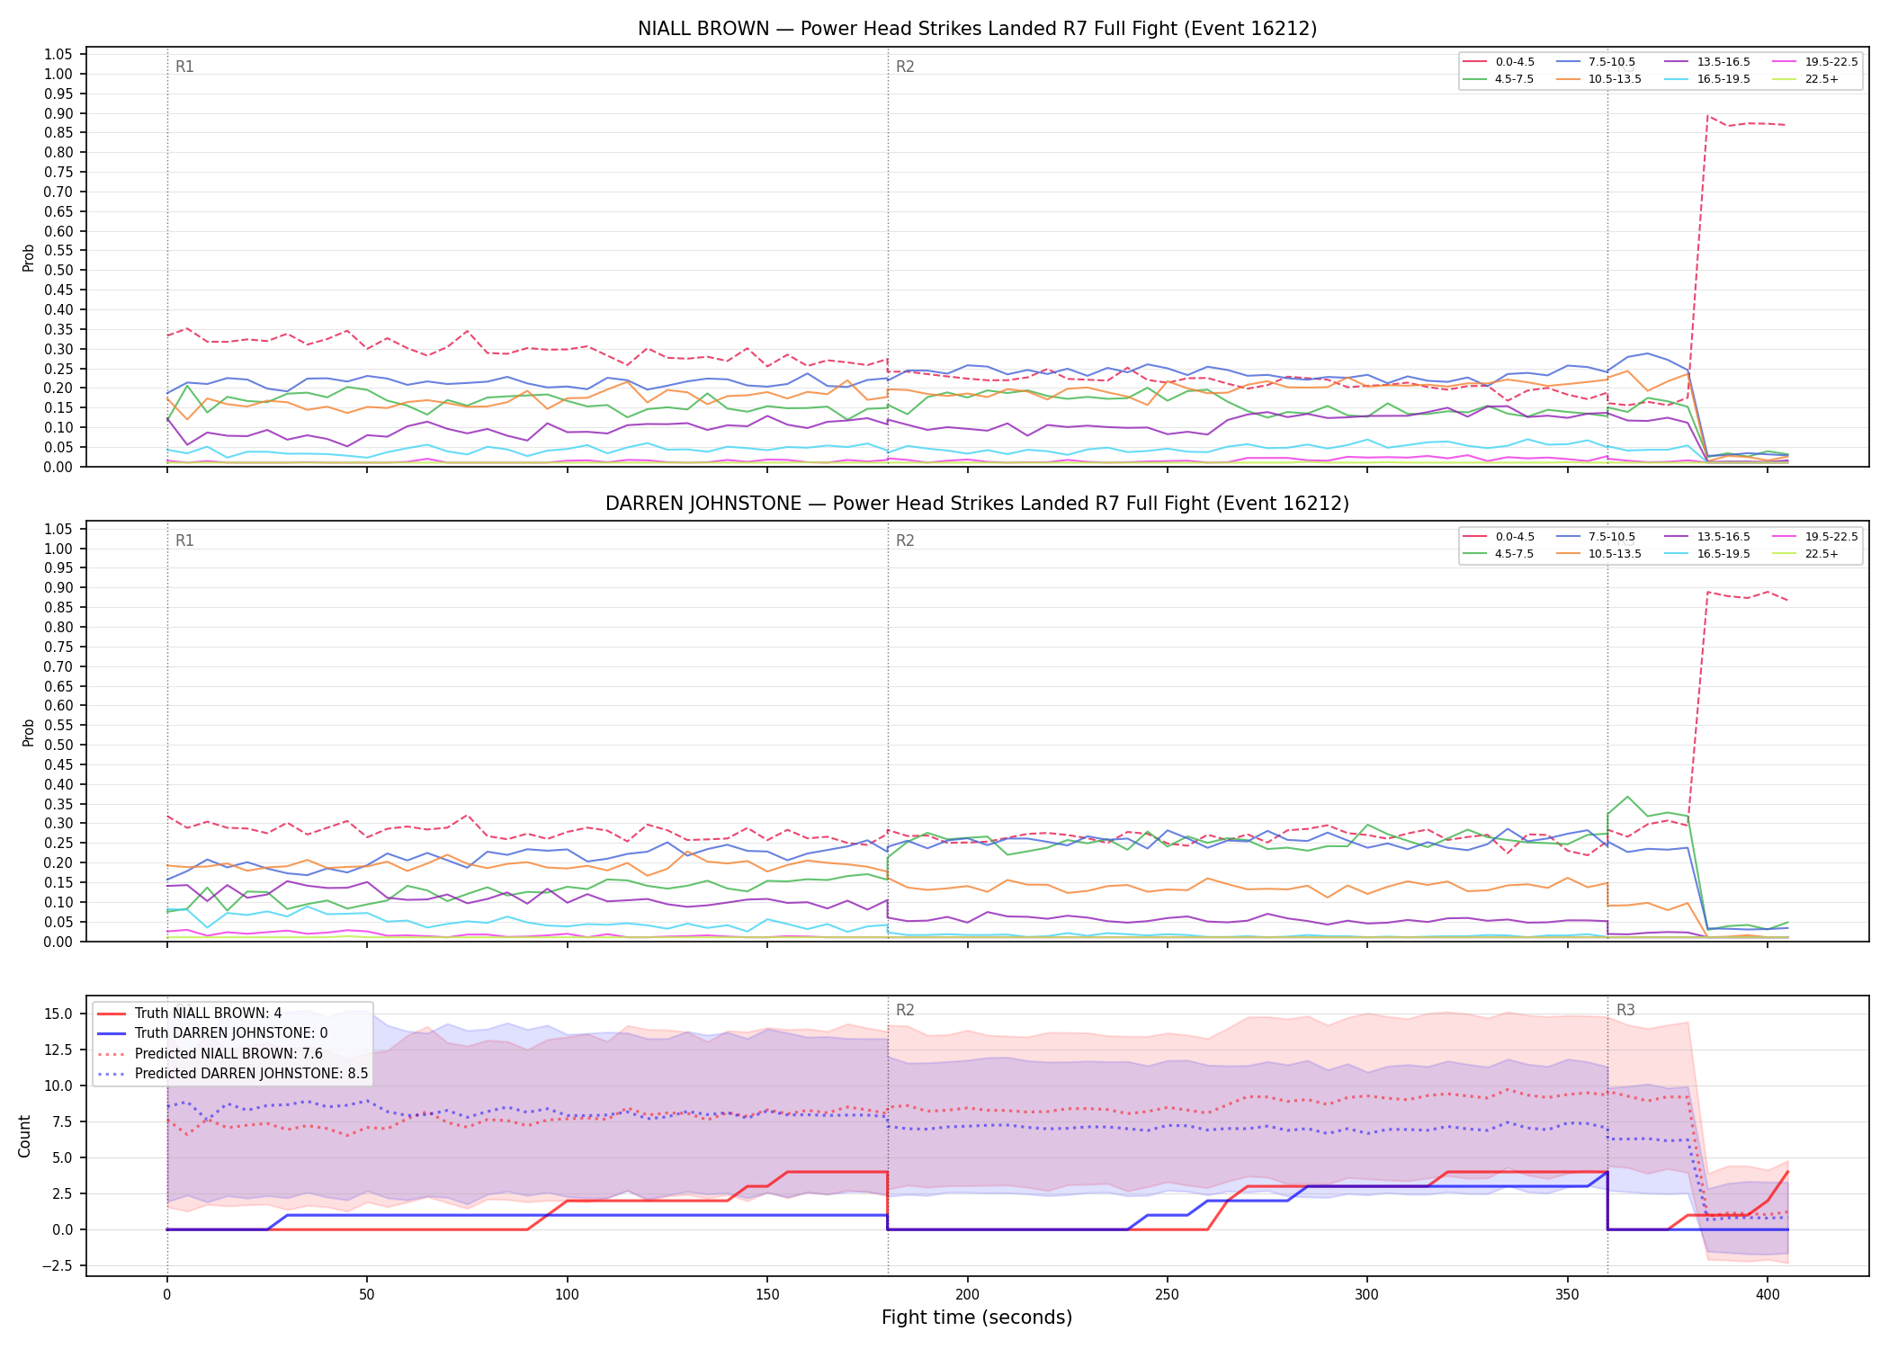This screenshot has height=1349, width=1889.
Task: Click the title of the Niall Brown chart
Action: pos(977,29)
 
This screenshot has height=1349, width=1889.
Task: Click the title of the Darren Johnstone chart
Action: pos(977,504)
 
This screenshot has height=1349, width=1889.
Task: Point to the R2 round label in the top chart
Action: pos(905,67)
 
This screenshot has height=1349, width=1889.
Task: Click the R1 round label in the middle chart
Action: pos(184,540)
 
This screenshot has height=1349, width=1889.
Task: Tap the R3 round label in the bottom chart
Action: pos(1625,1010)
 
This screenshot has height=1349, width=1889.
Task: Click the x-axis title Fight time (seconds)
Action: pos(977,1318)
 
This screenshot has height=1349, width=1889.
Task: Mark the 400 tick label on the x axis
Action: pos(1767,1294)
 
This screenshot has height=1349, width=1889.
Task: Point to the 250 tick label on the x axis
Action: pos(1167,1294)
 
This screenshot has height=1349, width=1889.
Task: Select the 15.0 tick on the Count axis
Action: pos(59,1014)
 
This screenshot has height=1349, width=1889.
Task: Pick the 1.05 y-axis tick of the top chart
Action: pos(59,55)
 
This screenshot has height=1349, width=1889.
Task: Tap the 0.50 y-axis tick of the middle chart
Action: pos(59,745)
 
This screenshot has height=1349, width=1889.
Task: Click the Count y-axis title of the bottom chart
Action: pos(24,1136)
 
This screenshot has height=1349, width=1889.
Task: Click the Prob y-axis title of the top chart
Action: pos(29,257)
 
